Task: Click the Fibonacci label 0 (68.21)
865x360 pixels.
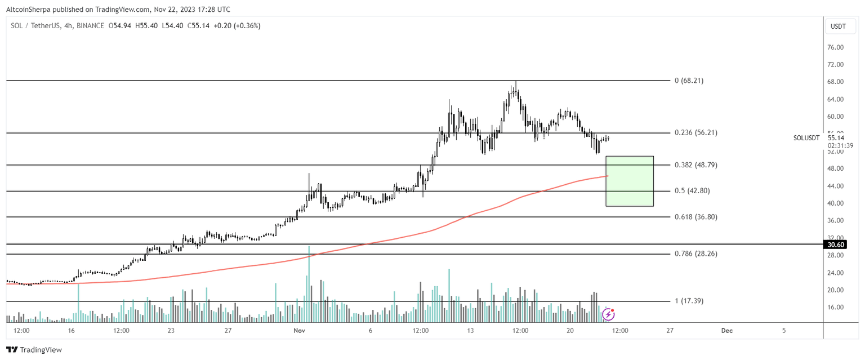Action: tap(689, 81)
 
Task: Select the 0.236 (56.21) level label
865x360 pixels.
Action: tap(696, 133)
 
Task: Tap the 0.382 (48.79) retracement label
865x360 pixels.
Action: tap(696, 165)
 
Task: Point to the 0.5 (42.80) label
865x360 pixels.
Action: tap(692, 191)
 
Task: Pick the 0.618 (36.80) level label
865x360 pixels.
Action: tap(696, 217)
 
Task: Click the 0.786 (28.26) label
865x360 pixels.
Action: tap(696, 254)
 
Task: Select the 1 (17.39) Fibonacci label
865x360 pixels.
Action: tap(689, 301)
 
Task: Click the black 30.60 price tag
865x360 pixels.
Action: tap(835, 245)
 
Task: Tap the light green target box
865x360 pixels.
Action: tap(629, 181)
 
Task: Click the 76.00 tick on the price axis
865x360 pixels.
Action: tap(835, 48)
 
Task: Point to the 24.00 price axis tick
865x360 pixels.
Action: tap(835, 273)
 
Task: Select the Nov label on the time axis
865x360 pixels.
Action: tap(298, 331)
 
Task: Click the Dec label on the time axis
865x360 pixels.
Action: tap(726, 331)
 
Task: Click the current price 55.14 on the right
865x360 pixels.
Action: tap(836, 137)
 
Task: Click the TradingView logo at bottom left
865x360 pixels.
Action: tap(34, 350)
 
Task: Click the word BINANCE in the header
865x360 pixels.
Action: tap(90, 26)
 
